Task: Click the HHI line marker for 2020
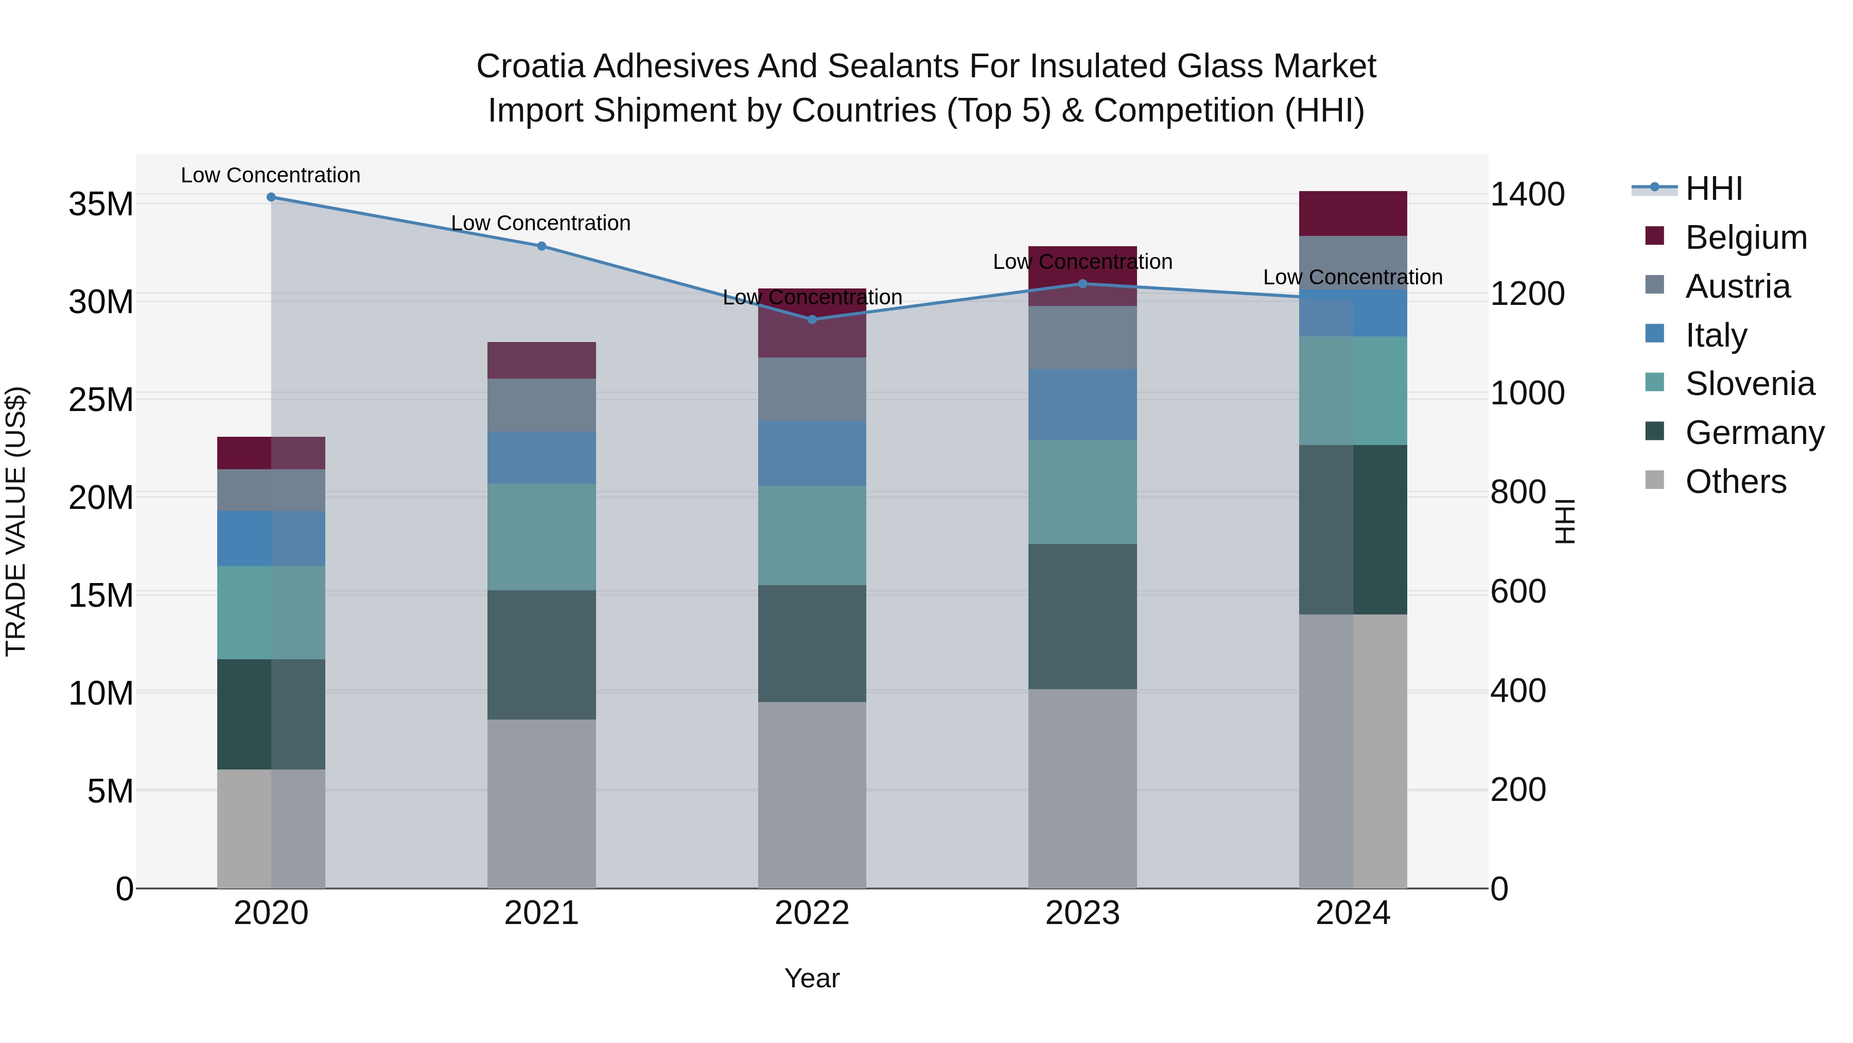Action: pos(271,197)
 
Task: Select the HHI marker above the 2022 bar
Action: pos(812,319)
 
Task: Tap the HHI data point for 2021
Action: pos(541,246)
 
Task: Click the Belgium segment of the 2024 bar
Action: pos(1352,214)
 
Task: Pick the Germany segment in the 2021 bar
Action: pos(541,655)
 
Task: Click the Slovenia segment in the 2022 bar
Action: pos(812,536)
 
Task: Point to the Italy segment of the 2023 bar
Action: pos(1082,404)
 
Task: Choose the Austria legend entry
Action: pos(1737,286)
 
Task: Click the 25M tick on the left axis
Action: pos(101,400)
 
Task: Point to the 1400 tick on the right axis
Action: pos(1527,194)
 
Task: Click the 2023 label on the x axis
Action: pos(1082,913)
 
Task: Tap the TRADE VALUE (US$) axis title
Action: pos(16,521)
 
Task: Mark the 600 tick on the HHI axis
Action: pos(1518,592)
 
